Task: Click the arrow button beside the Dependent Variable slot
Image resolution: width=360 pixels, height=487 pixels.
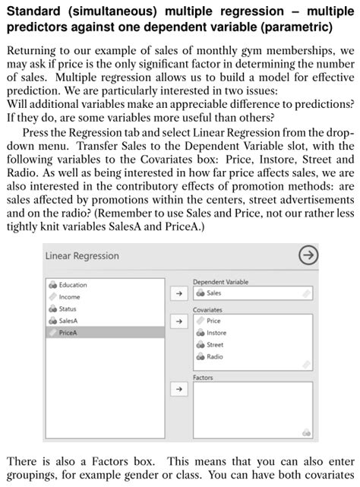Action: pyautogui.click(x=180, y=293)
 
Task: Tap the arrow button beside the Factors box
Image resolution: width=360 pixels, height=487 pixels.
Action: pyautogui.click(x=180, y=388)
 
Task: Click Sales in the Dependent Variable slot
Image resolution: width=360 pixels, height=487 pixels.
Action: pyautogui.click(x=214, y=293)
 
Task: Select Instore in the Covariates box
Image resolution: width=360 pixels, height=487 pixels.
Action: pyautogui.click(x=216, y=333)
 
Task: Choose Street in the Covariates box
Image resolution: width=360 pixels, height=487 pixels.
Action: pyautogui.click(x=215, y=344)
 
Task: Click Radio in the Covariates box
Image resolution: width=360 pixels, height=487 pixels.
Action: pyautogui.click(x=215, y=356)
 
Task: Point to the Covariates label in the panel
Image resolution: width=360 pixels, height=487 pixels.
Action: pyautogui.click(x=207, y=310)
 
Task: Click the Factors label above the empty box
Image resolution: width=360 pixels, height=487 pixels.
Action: pyautogui.click(x=203, y=378)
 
